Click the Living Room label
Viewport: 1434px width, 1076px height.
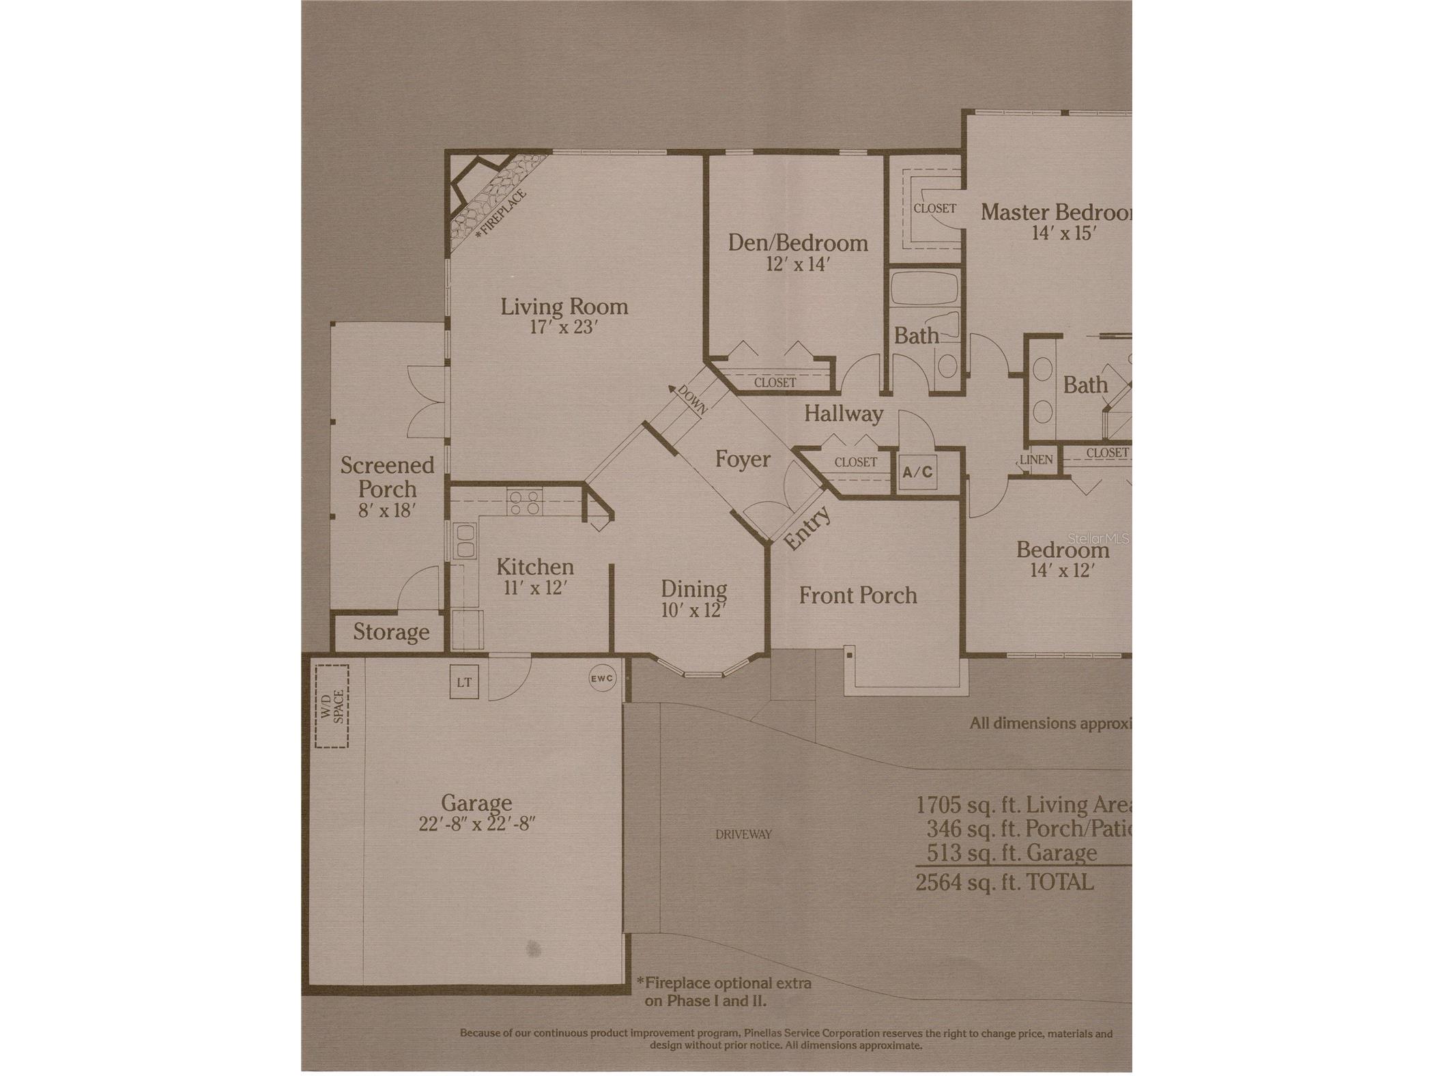tap(564, 307)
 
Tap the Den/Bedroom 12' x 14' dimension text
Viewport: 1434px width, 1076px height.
tap(797, 264)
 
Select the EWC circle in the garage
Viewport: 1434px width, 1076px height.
tap(602, 679)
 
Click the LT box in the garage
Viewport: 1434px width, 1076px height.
tap(464, 682)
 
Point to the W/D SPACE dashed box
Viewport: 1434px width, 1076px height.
tap(332, 707)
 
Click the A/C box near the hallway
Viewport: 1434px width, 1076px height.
tap(917, 472)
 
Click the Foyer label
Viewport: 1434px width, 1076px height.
tap(743, 459)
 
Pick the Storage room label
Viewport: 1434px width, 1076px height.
tap(391, 632)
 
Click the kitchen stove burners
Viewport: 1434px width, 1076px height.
tap(524, 503)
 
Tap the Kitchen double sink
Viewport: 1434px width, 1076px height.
tap(465, 541)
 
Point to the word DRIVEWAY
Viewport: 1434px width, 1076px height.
tap(743, 834)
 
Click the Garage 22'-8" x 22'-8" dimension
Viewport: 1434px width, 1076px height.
tap(476, 824)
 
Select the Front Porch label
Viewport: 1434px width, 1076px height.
tap(858, 595)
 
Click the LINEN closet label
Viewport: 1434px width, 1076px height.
tap(1036, 459)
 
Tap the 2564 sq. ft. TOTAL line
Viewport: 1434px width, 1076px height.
tap(1004, 882)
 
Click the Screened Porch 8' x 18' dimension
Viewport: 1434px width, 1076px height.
tap(387, 511)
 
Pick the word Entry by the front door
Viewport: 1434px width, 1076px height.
tap(807, 527)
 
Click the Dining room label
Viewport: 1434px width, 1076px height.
tap(693, 589)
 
